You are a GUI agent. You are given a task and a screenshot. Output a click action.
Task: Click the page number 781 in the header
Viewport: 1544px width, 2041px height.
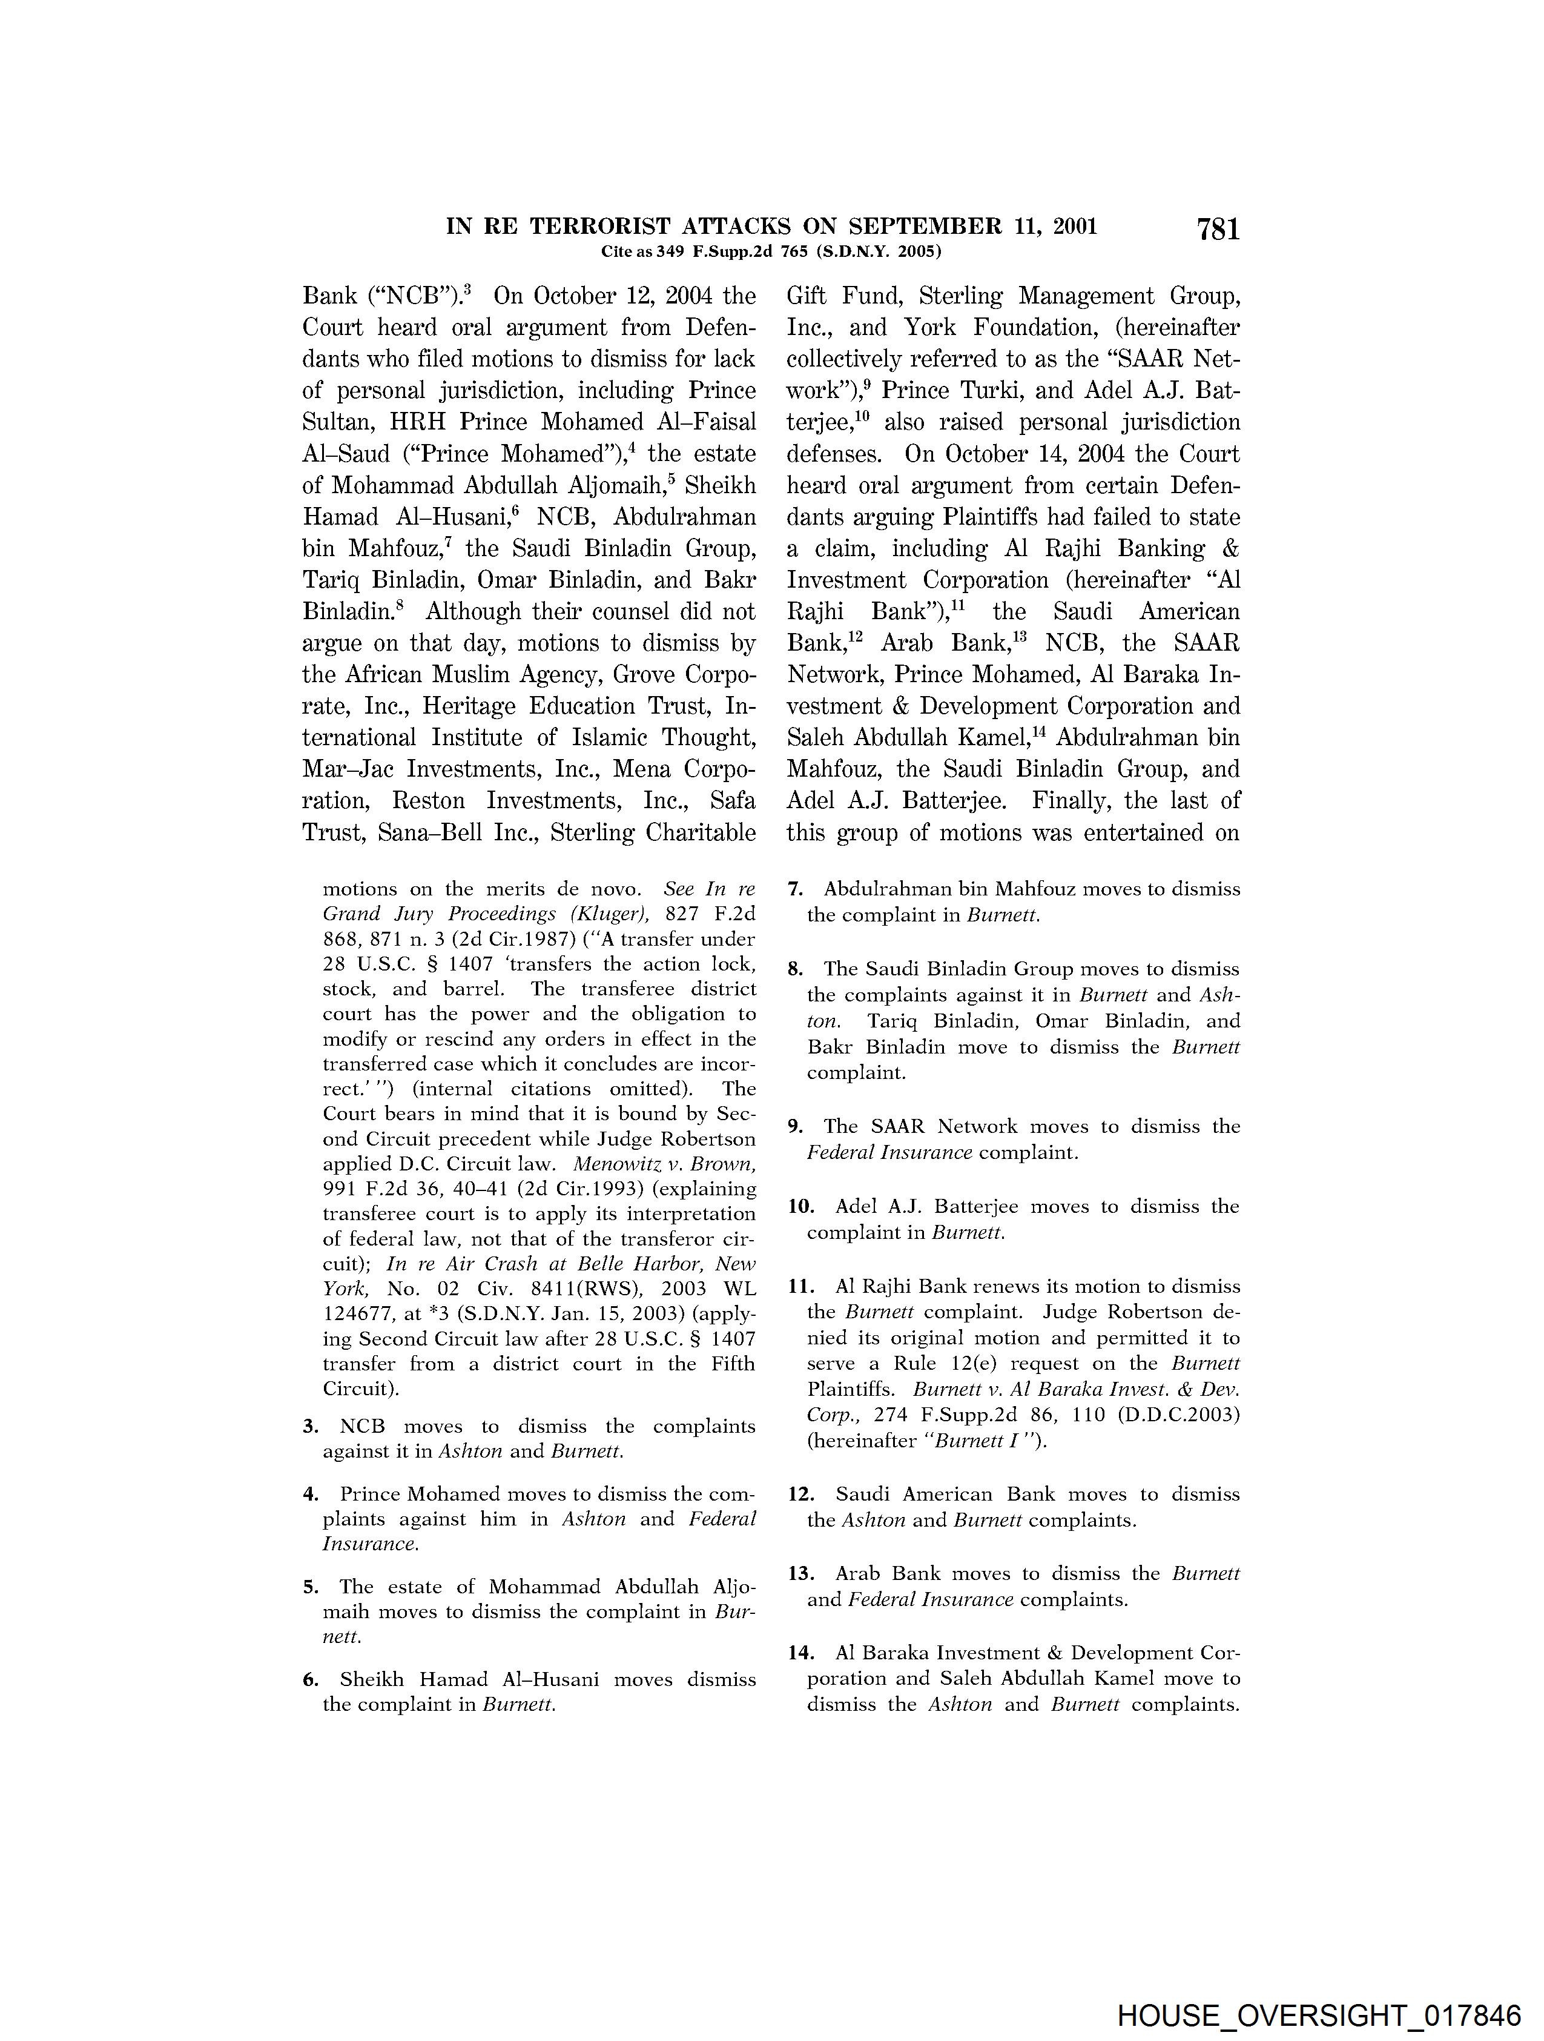1218,230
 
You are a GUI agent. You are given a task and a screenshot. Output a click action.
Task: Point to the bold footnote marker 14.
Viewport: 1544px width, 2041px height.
800,1653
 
